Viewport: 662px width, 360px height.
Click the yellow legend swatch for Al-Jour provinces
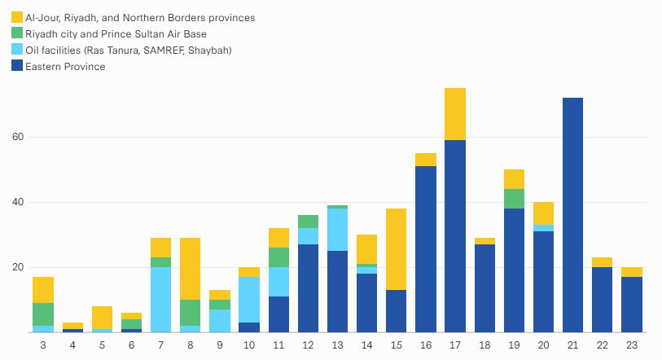[x=17, y=17]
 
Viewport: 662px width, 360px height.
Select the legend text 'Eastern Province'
[x=65, y=67]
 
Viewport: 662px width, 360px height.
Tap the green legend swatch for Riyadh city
[x=17, y=33]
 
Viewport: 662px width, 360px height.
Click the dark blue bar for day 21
[x=572, y=215]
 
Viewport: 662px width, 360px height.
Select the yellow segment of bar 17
[x=455, y=114]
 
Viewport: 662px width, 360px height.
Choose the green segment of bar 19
[x=514, y=199]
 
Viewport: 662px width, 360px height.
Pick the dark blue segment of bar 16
[x=426, y=249]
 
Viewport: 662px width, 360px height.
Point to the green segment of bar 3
[x=43, y=314]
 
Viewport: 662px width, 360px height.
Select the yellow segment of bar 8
[x=191, y=269]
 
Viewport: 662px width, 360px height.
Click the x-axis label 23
[x=631, y=345]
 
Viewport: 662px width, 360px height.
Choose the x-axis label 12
[x=308, y=345]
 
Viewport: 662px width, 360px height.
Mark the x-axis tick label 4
[x=73, y=345]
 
